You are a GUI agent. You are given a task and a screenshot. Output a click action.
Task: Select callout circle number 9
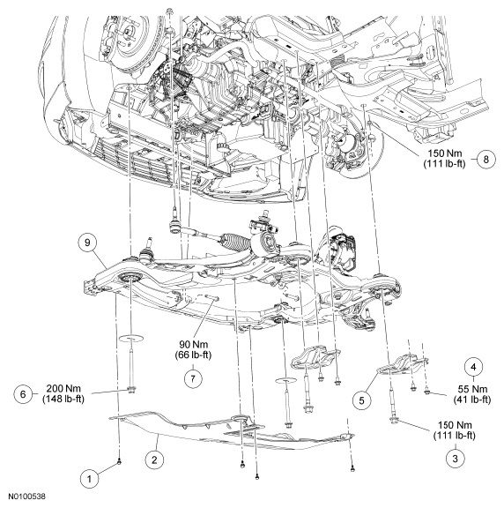[x=85, y=240]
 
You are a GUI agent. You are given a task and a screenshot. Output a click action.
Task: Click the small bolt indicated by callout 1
[x=118, y=462]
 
